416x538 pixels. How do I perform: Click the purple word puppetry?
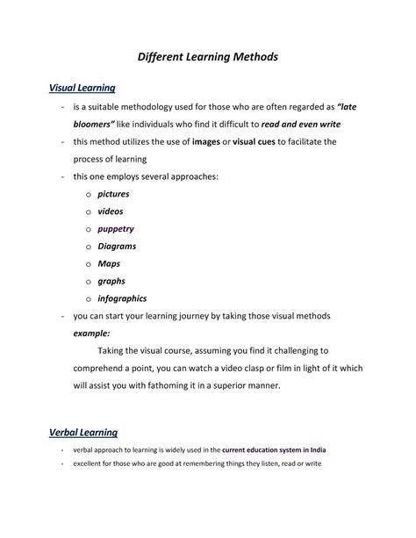116,228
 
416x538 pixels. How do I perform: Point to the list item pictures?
113,194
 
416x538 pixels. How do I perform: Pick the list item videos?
111,212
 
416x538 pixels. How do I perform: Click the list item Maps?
108,263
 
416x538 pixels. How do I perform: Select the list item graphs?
111,281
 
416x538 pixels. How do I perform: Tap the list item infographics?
122,298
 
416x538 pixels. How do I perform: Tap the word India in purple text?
318,450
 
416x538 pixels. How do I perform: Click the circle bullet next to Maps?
88,264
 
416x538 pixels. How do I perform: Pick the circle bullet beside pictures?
88,195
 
